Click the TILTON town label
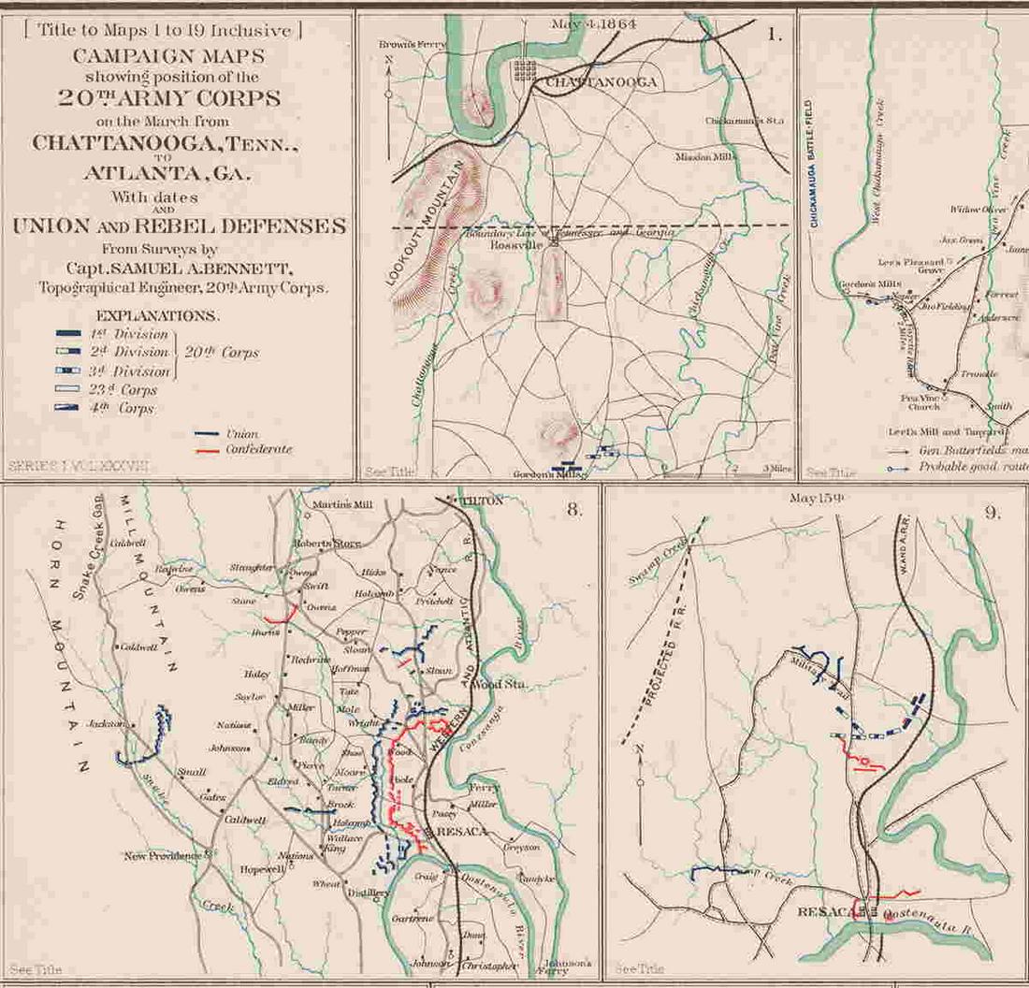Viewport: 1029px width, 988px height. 483,501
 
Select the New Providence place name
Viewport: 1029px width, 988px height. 163,856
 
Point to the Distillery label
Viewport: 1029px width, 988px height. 368,894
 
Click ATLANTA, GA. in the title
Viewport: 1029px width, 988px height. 176,172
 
